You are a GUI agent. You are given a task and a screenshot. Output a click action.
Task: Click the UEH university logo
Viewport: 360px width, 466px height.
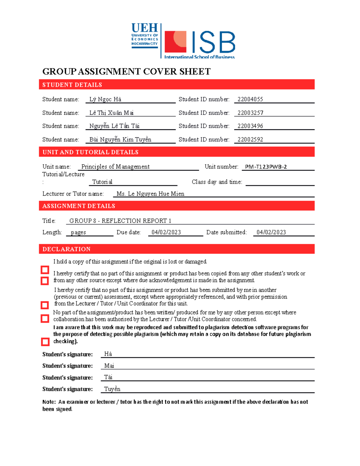tap(145, 36)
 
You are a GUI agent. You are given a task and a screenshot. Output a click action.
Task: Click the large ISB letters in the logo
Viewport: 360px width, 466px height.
tap(213, 43)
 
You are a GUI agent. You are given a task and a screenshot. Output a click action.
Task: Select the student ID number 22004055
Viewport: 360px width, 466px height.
tap(250, 99)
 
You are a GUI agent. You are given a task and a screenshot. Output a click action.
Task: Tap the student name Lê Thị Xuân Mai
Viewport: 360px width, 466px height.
tap(111, 113)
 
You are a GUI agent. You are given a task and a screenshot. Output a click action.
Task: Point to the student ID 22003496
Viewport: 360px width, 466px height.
tap(250, 126)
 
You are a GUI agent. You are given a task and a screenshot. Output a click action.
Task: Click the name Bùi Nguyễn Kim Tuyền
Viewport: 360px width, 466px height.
tap(120, 140)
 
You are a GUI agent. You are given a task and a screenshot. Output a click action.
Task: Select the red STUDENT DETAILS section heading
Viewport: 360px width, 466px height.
tap(72, 85)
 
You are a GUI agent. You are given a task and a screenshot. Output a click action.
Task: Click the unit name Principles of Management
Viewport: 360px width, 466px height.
tap(115, 167)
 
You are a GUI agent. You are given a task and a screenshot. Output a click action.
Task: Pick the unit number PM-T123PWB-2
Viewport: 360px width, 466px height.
tap(266, 167)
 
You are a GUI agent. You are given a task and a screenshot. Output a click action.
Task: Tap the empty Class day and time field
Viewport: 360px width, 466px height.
tap(280, 182)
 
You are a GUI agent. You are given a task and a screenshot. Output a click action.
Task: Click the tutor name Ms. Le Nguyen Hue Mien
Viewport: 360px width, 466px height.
tap(150, 194)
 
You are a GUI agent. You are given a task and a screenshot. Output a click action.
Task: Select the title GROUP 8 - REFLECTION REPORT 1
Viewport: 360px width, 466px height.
tap(120, 221)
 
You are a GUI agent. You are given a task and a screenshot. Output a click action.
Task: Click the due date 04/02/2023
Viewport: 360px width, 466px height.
tap(166, 232)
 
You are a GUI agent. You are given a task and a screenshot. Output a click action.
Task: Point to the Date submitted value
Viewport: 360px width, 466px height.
tap(271, 232)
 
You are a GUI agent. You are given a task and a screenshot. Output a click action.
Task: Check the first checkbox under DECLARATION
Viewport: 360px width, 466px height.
tap(45, 270)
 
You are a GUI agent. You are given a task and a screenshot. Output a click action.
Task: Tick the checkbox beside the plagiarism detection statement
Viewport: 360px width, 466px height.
tap(45, 342)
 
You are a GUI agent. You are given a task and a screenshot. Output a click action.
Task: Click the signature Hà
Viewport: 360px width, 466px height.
tap(108, 354)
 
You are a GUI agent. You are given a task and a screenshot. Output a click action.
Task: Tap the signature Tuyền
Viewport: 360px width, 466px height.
tap(112, 389)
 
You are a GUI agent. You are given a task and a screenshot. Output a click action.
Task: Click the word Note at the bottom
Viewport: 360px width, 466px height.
tap(49, 402)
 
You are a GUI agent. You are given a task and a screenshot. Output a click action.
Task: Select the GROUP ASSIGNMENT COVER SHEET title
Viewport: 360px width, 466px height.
tap(126, 72)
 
